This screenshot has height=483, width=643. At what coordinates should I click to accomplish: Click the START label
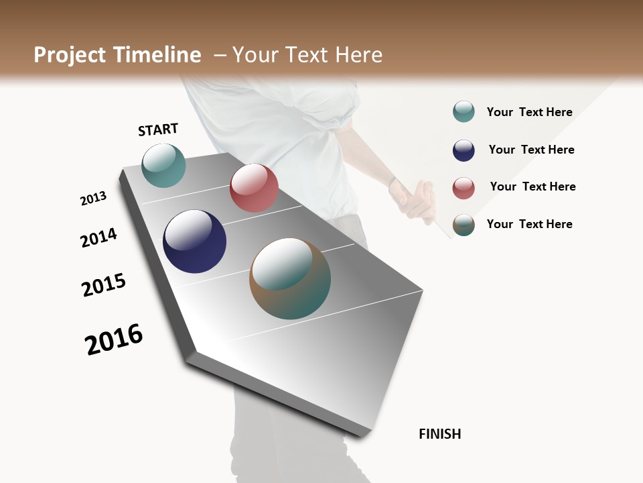(158, 129)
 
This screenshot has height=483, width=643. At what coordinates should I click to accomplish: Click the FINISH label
(440, 434)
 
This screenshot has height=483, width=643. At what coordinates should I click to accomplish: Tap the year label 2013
(93, 199)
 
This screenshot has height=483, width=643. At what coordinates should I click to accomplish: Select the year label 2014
(98, 237)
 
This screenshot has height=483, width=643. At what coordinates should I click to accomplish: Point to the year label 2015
(104, 285)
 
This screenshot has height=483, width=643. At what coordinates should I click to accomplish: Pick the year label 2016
(114, 339)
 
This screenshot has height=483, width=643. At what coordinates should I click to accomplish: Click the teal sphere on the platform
(164, 165)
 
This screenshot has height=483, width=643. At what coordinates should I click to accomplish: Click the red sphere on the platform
(254, 188)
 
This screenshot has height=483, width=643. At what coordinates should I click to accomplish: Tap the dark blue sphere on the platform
(195, 241)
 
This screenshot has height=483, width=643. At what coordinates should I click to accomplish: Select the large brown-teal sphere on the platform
(290, 278)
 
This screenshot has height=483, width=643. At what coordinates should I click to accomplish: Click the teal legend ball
(463, 111)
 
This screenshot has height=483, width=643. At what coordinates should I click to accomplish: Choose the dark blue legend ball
(463, 150)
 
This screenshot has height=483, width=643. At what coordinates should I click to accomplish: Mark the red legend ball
(463, 188)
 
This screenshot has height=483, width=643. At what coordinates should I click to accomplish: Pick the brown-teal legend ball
(463, 225)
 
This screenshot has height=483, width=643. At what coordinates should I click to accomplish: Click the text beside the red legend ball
(532, 186)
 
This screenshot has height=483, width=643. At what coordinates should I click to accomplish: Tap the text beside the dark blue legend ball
(531, 150)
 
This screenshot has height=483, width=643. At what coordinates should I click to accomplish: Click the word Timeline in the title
(157, 55)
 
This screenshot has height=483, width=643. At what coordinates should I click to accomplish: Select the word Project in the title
(70, 55)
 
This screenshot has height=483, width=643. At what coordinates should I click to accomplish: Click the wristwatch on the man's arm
(393, 182)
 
